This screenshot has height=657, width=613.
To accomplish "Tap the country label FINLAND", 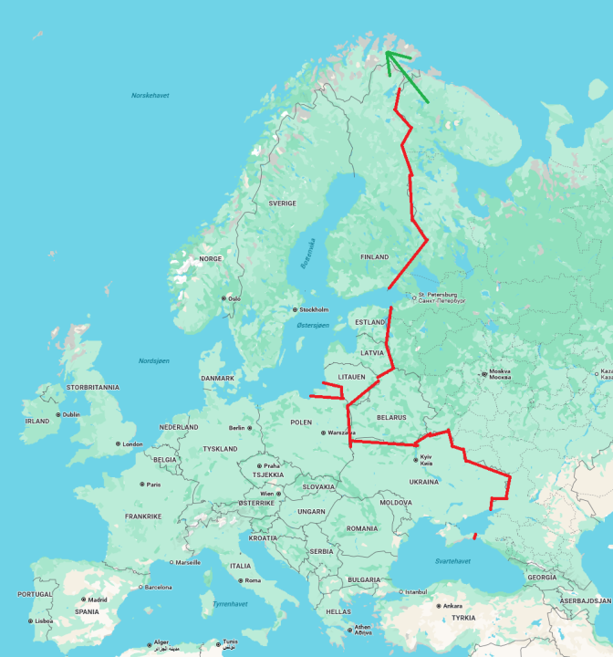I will pyautogui.click(x=374, y=257).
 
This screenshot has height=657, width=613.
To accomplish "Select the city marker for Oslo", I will pyautogui.click(x=223, y=298).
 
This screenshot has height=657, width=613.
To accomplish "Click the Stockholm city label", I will pyautogui.click(x=314, y=309).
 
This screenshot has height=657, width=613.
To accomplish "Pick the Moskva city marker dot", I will pyautogui.click(x=483, y=372).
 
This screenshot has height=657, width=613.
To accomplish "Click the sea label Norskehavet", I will pyautogui.click(x=150, y=95).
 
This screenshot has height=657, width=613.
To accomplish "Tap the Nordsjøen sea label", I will pyautogui.click(x=154, y=360).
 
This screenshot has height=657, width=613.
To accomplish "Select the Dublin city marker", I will pyautogui.click(x=57, y=414).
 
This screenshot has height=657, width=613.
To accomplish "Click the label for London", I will pyautogui.click(x=132, y=444).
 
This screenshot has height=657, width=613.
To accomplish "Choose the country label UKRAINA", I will pyautogui.click(x=424, y=481).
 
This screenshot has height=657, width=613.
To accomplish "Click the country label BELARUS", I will pyautogui.click(x=391, y=417).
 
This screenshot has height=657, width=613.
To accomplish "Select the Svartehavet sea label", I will pyautogui.click(x=452, y=560).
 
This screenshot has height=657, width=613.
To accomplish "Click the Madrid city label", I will pyautogui.click(x=98, y=600).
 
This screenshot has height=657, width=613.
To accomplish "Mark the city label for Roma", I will pyautogui.click(x=252, y=580).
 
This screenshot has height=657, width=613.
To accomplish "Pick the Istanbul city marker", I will pyautogui.click(x=399, y=591).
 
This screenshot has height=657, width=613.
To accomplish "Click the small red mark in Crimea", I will pyautogui.click(x=475, y=536).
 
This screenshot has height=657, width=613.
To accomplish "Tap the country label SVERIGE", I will pyautogui.click(x=282, y=203).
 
